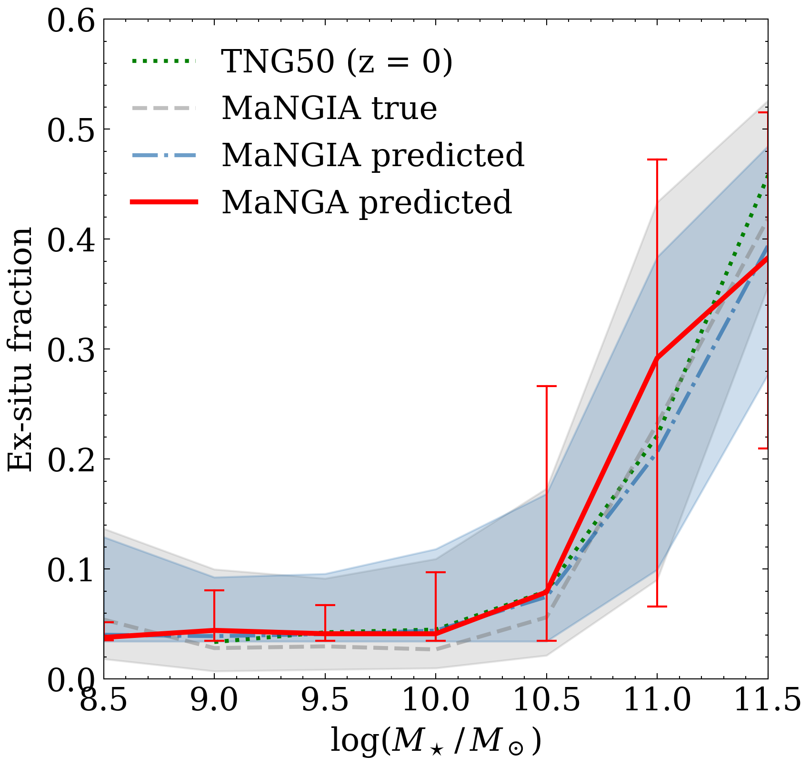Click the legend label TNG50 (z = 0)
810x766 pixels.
[337, 62]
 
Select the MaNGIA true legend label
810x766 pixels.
[329, 109]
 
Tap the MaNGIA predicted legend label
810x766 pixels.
[373, 155]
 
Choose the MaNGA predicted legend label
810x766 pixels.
[367, 202]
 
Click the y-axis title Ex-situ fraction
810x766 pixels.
[20, 349]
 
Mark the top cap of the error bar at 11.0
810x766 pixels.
[657, 160]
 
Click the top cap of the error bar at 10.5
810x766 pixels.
[546, 386]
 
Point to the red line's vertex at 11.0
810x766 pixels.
[657, 358]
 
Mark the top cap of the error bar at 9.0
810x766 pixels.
[214, 590]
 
